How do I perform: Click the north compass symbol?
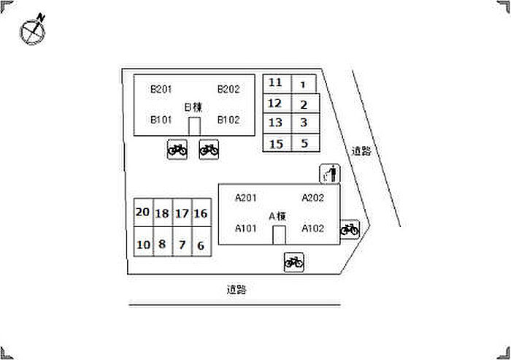33,30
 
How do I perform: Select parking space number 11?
277,84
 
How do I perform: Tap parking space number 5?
305,143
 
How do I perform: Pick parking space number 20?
143,212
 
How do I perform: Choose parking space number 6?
201,242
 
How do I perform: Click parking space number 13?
277,123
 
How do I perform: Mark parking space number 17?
182,212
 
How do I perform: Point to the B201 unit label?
161,89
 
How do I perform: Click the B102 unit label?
228,120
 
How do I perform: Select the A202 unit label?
312,198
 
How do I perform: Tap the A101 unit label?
246,229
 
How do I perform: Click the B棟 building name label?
193,107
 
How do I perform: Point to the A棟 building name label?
277,216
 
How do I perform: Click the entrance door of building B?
195,126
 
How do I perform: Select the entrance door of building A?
279,235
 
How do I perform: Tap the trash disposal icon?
330,174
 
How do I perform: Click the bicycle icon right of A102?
350,229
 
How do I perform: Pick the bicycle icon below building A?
294,262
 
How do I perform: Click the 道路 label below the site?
237,290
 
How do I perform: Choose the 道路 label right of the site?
361,151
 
